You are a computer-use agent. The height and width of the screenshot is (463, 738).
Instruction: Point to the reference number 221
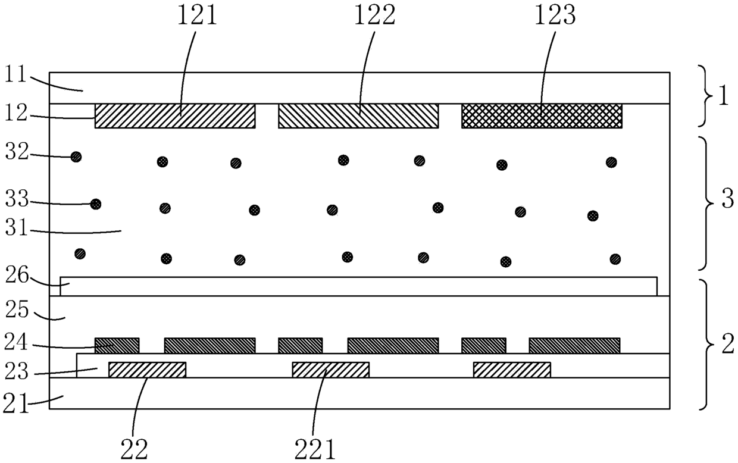[315, 449]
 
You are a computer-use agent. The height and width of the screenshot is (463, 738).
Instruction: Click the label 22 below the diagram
[134, 449]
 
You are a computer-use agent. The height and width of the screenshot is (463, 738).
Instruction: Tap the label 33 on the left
[17, 200]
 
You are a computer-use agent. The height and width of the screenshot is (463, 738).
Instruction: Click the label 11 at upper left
[15, 74]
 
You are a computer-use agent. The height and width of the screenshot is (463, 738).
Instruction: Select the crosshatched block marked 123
[542, 116]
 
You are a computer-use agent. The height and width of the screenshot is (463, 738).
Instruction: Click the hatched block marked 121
[175, 116]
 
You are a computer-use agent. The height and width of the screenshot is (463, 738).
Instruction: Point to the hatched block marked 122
[358, 116]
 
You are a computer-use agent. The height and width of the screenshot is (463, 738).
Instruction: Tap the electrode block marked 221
[331, 370]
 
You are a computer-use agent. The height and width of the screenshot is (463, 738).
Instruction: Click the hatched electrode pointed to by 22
[147, 370]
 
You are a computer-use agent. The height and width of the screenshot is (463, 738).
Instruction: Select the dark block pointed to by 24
[117, 345]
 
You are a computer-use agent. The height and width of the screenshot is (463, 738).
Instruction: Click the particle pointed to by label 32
[76, 157]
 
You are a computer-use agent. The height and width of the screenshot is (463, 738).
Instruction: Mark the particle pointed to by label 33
[96, 204]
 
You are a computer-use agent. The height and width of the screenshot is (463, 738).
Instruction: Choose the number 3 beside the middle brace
[727, 199]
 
